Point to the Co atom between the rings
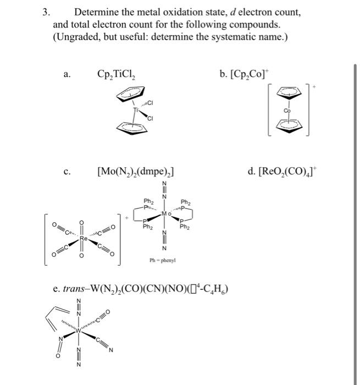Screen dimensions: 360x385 (286, 112)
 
